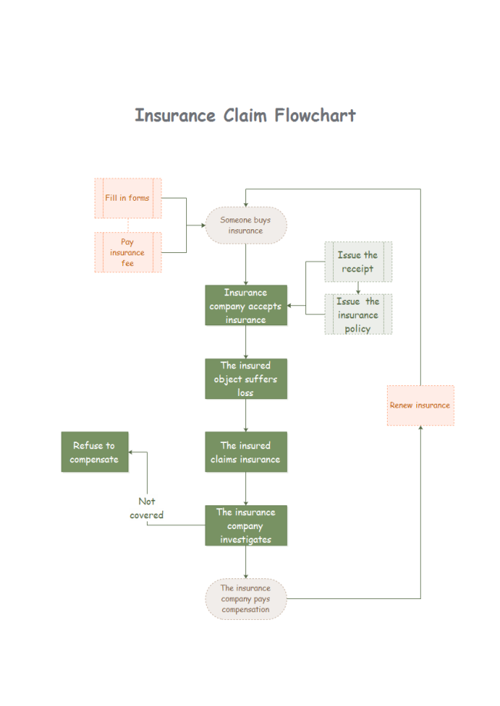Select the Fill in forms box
coord(128,198)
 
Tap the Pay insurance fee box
coord(128,252)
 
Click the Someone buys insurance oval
coord(245,225)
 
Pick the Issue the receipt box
coord(358,261)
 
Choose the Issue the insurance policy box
coord(358,315)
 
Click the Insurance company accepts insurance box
coord(245,306)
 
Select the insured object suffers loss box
coord(245,379)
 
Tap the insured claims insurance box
coord(245,452)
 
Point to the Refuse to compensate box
coord(95,452)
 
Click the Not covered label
coord(146,508)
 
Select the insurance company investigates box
coord(245,526)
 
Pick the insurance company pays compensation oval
coord(245,599)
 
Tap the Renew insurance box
coord(420,405)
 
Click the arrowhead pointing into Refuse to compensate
coord(132,452)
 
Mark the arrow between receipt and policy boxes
coord(358,288)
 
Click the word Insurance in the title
coord(175,115)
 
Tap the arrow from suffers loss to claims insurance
coord(245,415)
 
